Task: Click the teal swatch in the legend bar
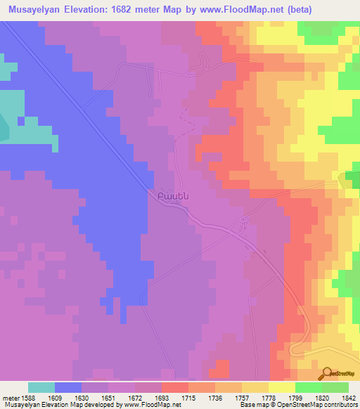(41, 387)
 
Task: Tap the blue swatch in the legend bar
(67, 387)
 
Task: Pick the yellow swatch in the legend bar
(281, 387)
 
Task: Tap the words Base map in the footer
(254, 405)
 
